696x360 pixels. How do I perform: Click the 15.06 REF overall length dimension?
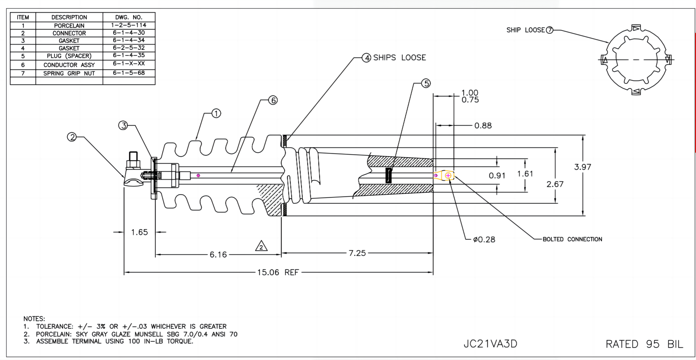click(x=278, y=272)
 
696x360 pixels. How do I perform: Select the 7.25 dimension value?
click(x=357, y=253)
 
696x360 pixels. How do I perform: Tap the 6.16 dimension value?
click(x=218, y=255)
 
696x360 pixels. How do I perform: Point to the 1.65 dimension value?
click(x=139, y=232)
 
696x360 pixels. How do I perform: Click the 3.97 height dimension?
click(x=582, y=167)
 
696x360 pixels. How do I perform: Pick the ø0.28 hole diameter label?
click(x=484, y=239)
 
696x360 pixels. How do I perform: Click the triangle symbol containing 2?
click(x=261, y=246)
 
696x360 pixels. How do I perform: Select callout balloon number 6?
click(x=273, y=100)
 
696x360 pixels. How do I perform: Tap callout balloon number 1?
click(x=216, y=113)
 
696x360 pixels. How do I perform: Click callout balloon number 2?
click(x=72, y=137)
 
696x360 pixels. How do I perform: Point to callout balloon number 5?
click(x=426, y=83)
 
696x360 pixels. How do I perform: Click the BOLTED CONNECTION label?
click(x=572, y=239)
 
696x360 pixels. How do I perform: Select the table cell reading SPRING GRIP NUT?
click(x=69, y=73)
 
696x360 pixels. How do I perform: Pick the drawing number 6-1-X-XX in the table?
click(x=129, y=64)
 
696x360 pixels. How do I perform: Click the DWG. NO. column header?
click(x=129, y=17)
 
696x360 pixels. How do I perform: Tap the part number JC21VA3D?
click(x=490, y=344)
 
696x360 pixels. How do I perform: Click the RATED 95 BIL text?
click(x=644, y=344)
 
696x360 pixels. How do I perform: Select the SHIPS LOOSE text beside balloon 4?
click(x=399, y=58)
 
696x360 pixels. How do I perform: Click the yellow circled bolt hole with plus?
click(x=448, y=176)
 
